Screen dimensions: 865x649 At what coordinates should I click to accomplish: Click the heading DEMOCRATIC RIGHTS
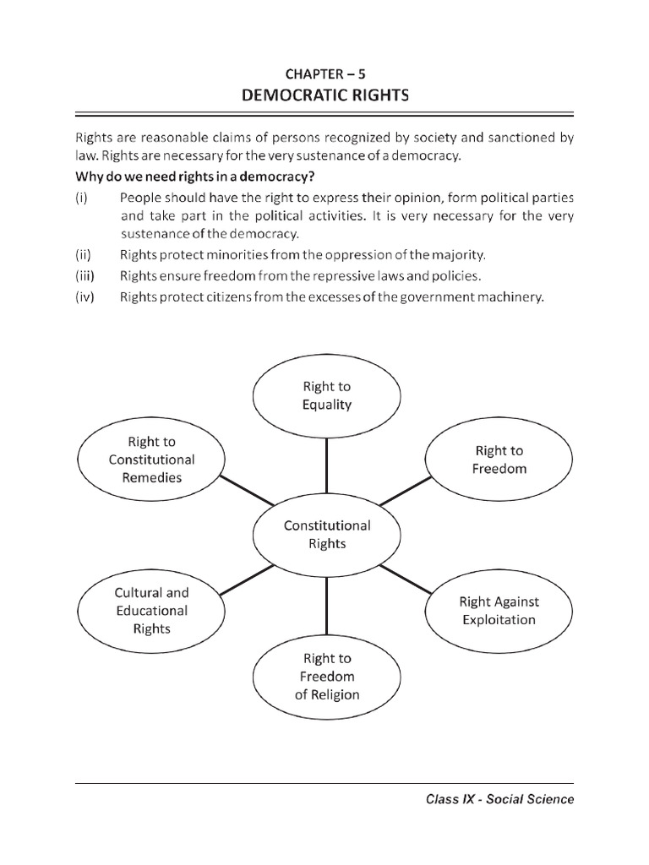click(x=324, y=95)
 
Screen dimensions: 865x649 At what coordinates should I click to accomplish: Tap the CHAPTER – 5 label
click(x=324, y=74)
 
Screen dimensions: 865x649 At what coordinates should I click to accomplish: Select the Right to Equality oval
click(x=326, y=395)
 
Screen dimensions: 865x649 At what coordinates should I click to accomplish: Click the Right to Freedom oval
click(x=499, y=460)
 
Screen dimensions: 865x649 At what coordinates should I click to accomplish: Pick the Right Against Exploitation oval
click(x=498, y=611)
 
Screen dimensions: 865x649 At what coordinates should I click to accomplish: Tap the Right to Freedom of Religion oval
click(x=326, y=676)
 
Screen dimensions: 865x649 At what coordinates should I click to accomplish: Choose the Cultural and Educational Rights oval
click(x=152, y=611)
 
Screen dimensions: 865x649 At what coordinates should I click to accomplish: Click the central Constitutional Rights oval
click(x=326, y=534)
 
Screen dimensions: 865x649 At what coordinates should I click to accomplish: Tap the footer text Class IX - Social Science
click(x=499, y=799)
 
